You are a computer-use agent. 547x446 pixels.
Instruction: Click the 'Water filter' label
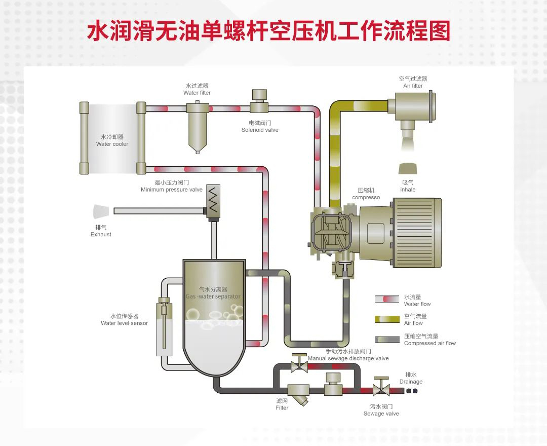[x=197, y=93]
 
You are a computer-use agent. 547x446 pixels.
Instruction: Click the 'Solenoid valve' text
[x=260, y=130]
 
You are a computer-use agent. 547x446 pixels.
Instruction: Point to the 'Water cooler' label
[x=112, y=144]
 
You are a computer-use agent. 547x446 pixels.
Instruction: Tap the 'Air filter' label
[x=413, y=86]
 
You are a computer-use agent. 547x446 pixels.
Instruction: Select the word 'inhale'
[x=408, y=190]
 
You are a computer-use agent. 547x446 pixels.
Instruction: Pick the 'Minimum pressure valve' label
[x=172, y=190]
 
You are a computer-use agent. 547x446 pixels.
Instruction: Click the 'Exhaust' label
[x=101, y=234]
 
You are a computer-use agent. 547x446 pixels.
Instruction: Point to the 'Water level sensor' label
[x=125, y=323]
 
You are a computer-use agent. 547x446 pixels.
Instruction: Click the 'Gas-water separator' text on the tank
[x=213, y=296]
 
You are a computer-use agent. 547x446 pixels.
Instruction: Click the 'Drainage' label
[x=411, y=382]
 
